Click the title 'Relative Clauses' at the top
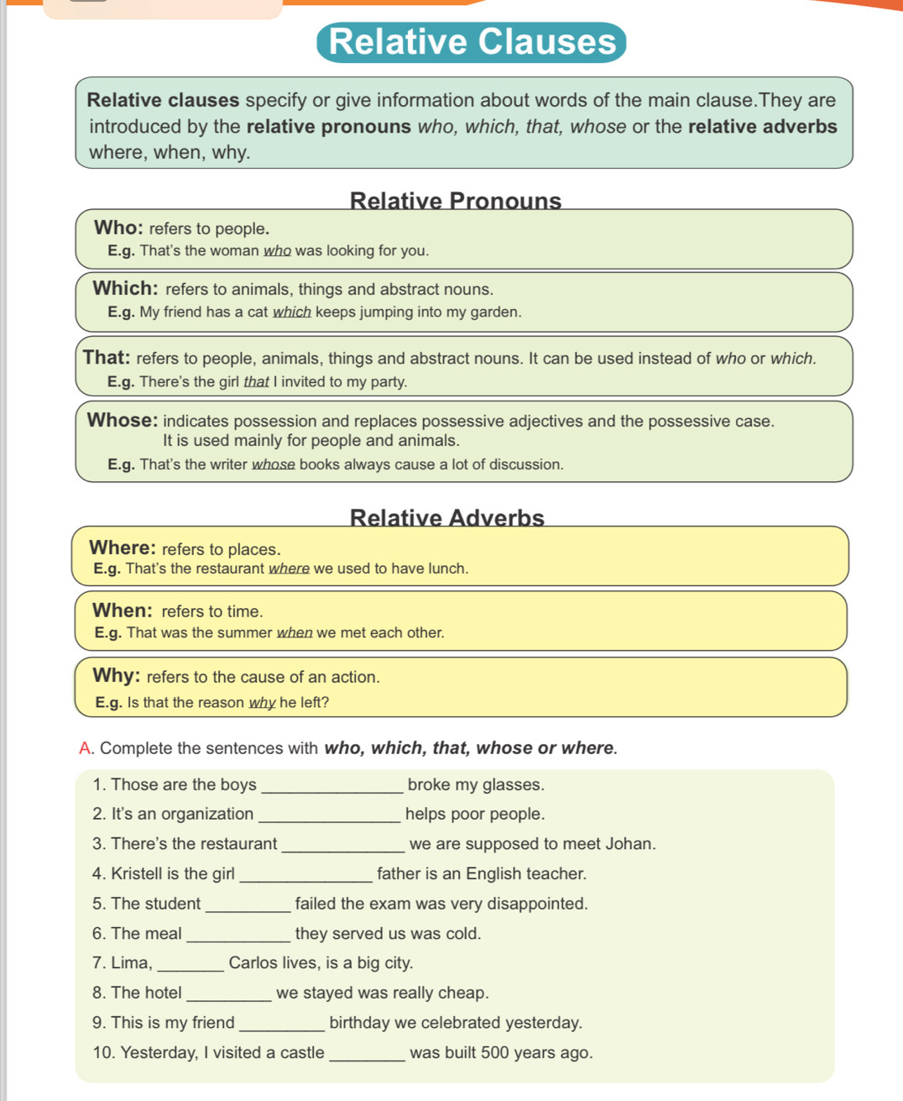tap(472, 42)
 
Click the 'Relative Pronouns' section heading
tap(455, 201)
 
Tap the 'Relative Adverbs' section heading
tap(446, 517)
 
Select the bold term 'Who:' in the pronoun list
tap(118, 228)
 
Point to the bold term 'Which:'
tap(126, 288)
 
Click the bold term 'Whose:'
tap(123, 420)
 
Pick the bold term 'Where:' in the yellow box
tap(123, 548)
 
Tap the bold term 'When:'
tap(123, 611)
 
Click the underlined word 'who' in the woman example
tap(277, 250)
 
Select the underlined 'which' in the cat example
tap(292, 312)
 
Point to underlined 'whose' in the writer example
tap(274, 464)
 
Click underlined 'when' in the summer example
tap(295, 632)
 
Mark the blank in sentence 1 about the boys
tap(332, 786)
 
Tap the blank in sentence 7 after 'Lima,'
tap(191, 964)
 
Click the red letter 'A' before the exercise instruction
tap(85, 748)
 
